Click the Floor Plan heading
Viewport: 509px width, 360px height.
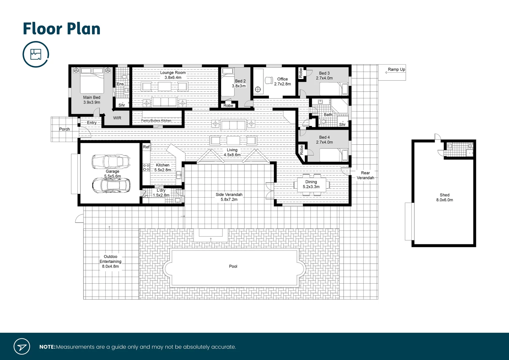tap(62, 29)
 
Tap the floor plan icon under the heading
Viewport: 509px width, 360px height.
tap(36, 54)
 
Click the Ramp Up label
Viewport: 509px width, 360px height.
tap(396, 70)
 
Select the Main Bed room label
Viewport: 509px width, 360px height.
tap(92, 100)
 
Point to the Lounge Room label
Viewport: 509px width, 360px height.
tap(173, 75)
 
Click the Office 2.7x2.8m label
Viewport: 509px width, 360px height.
tap(282, 82)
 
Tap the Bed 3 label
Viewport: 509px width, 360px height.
tap(324, 76)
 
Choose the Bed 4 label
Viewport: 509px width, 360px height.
tap(324, 140)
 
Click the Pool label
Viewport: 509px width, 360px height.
tap(233, 266)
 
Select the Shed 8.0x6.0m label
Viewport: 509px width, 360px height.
tap(444, 197)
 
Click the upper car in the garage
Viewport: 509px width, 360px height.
tap(111, 161)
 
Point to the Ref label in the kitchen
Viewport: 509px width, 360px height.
tap(146, 147)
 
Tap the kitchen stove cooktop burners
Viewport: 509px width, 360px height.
tap(146, 167)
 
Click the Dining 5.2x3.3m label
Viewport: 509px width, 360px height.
tap(311, 184)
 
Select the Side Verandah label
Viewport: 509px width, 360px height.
tap(229, 197)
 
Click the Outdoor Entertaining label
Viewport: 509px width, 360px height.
tap(110, 261)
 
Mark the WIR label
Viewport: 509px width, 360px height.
tap(117, 118)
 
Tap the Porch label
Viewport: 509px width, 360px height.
tap(64, 129)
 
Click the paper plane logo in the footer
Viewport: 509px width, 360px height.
tap(22, 347)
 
